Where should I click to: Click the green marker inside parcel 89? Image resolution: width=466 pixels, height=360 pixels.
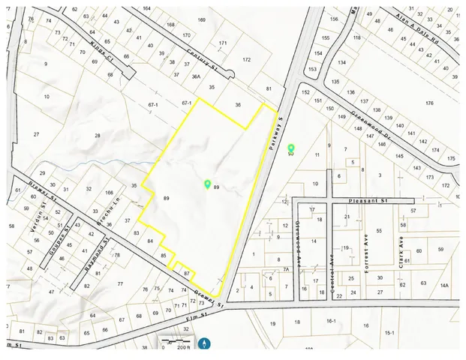pos(207,184)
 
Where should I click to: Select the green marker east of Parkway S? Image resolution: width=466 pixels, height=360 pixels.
pos(290,148)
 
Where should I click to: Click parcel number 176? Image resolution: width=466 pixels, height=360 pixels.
pos(429,103)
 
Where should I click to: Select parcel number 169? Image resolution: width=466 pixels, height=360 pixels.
pos(202,19)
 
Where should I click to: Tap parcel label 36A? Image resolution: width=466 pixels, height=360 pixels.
pos(196,76)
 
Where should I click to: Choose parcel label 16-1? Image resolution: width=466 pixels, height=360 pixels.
pos(330,320)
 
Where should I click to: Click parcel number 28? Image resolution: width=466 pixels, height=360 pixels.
pos(97,135)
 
